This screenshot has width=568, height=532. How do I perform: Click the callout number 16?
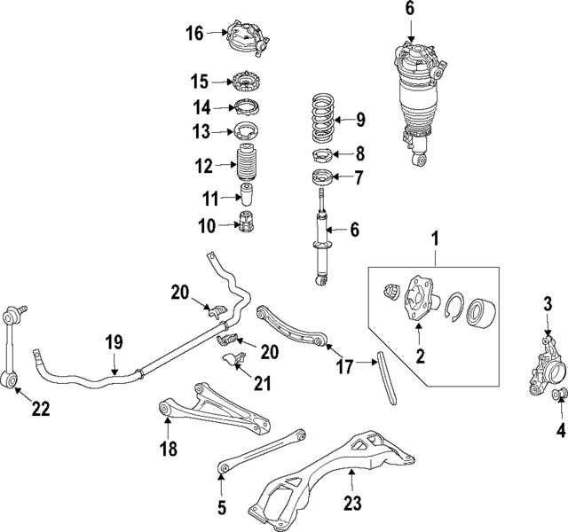pyautogui.click(x=194, y=34)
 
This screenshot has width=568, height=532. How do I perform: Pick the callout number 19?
pyautogui.click(x=113, y=342)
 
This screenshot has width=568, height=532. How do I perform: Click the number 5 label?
pyautogui.click(x=222, y=508)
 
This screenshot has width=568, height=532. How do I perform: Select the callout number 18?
pyautogui.click(x=168, y=450)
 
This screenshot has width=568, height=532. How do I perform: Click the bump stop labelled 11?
pyautogui.click(x=248, y=195)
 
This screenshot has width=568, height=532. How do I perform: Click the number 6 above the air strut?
pyautogui.click(x=409, y=9)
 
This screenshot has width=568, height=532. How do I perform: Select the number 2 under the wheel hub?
pyautogui.click(x=421, y=357)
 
